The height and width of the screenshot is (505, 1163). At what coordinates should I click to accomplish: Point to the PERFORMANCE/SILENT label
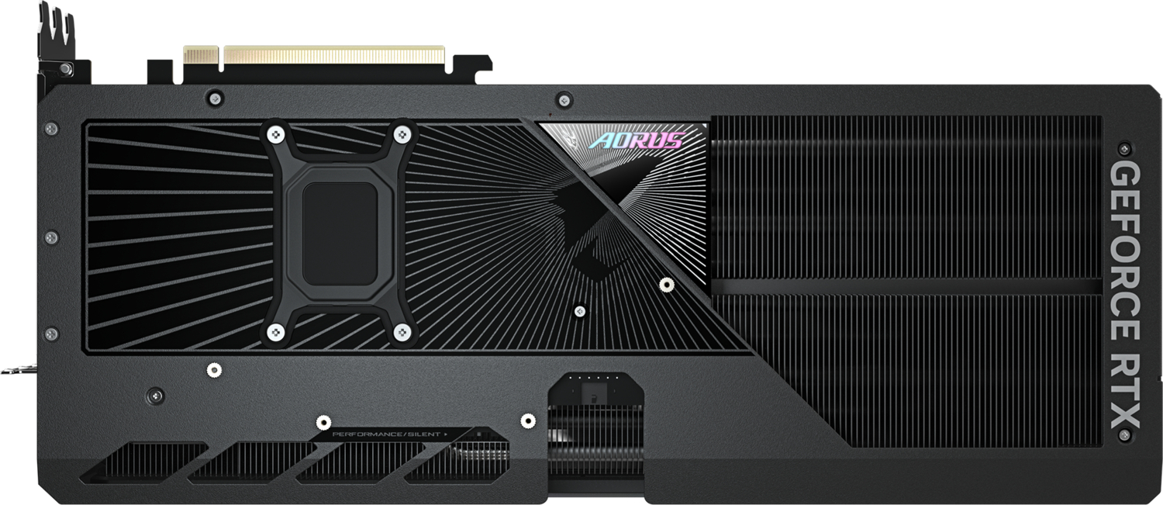pos(390,434)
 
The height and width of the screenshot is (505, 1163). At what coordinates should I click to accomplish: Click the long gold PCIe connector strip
pos(333,56)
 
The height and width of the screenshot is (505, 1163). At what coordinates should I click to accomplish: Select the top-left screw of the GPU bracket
pos(273,134)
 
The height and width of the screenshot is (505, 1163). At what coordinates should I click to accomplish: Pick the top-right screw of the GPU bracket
pos(401,134)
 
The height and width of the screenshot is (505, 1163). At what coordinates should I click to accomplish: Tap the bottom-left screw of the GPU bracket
pos(273,333)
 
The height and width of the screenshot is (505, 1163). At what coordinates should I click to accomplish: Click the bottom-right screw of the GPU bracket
pos(401,333)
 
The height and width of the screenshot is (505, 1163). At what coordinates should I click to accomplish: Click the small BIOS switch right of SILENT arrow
pos(479,434)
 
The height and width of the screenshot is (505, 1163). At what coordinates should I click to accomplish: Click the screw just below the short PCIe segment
pos(216,98)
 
